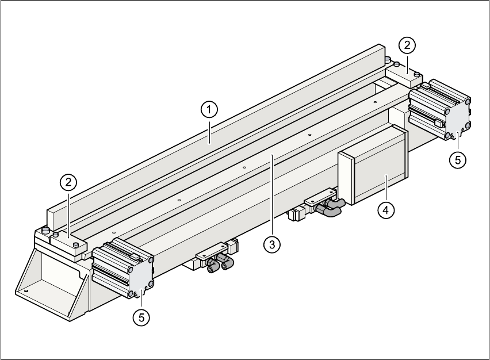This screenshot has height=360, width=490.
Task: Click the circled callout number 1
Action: [209, 108]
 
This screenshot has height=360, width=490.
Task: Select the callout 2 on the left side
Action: [68, 183]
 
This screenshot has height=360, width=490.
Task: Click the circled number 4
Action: [386, 210]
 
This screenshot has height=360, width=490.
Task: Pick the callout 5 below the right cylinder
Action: [457, 160]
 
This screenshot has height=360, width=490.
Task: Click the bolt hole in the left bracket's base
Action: [26, 292]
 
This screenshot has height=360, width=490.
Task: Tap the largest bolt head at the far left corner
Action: [45, 230]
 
